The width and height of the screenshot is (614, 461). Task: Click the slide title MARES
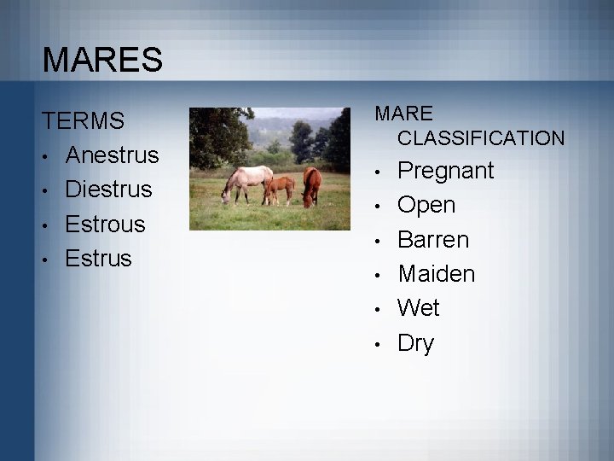[x=101, y=61]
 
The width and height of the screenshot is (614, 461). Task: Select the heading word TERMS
[x=84, y=121]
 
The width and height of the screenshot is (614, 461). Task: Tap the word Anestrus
[x=112, y=155]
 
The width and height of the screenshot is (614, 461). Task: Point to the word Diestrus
[x=108, y=190]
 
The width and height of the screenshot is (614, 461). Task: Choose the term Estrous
[x=106, y=225]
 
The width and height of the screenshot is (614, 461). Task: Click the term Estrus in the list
[x=99, y=258]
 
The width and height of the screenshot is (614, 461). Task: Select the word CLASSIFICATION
[x=480, y=137]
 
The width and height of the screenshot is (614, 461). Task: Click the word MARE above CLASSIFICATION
[x=404, y=114]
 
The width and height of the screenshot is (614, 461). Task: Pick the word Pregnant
[x=446, y=171]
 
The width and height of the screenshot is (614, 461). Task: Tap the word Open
[x=426, y=206]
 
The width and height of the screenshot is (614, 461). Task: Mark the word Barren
[x=433, y=240]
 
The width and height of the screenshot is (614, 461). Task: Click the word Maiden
[x=437, y=274]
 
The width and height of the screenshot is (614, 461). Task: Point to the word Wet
[x=418, y=307]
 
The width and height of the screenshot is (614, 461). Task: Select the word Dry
[x=415, y=343]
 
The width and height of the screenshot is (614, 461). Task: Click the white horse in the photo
[x=246, y=182]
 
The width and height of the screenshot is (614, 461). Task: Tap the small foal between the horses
[x=279, y=188]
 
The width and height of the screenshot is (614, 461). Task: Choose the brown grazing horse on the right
[x=312, y=184]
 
